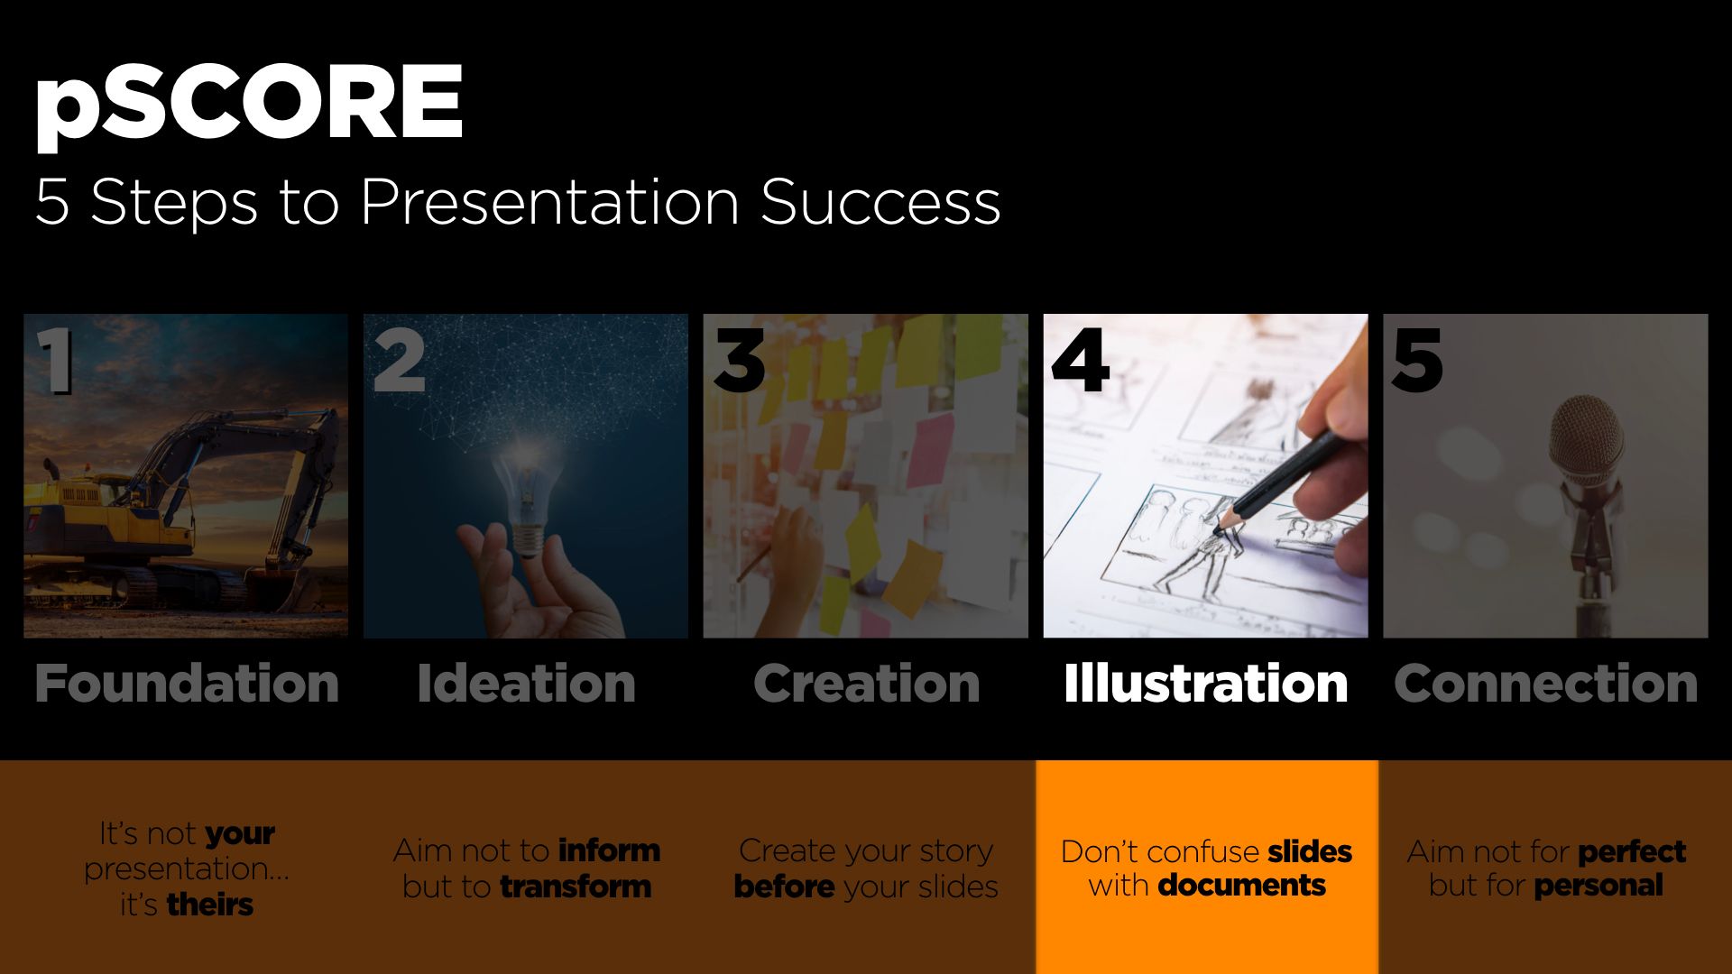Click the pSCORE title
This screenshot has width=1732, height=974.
click(249, 106)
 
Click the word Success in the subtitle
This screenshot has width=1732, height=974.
click(880, 201)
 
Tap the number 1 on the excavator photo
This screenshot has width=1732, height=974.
click(57, 361)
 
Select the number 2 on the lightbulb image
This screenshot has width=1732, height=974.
click(399, 361)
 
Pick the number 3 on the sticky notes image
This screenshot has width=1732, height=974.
click(739, 361)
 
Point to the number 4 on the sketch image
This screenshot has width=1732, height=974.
click(1080, 361)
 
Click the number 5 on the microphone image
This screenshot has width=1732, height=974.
click(1417, 361)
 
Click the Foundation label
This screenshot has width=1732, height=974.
click(187, 683)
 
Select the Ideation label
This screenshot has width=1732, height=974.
click(526, 683)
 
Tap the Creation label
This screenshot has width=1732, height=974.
click(866, 683)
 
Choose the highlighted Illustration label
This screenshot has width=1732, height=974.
click(1206, 683)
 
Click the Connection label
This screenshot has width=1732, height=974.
click(1545, 683)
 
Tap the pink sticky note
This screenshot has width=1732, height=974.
click(929, 455)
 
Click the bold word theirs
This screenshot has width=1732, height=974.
click(210, 904)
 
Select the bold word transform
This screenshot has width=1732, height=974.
click(576, 887)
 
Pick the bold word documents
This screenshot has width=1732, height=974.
click(1241, 886)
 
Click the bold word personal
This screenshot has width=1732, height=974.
click(1598, 886)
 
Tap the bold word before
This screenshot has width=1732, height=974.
click(784, 887)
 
